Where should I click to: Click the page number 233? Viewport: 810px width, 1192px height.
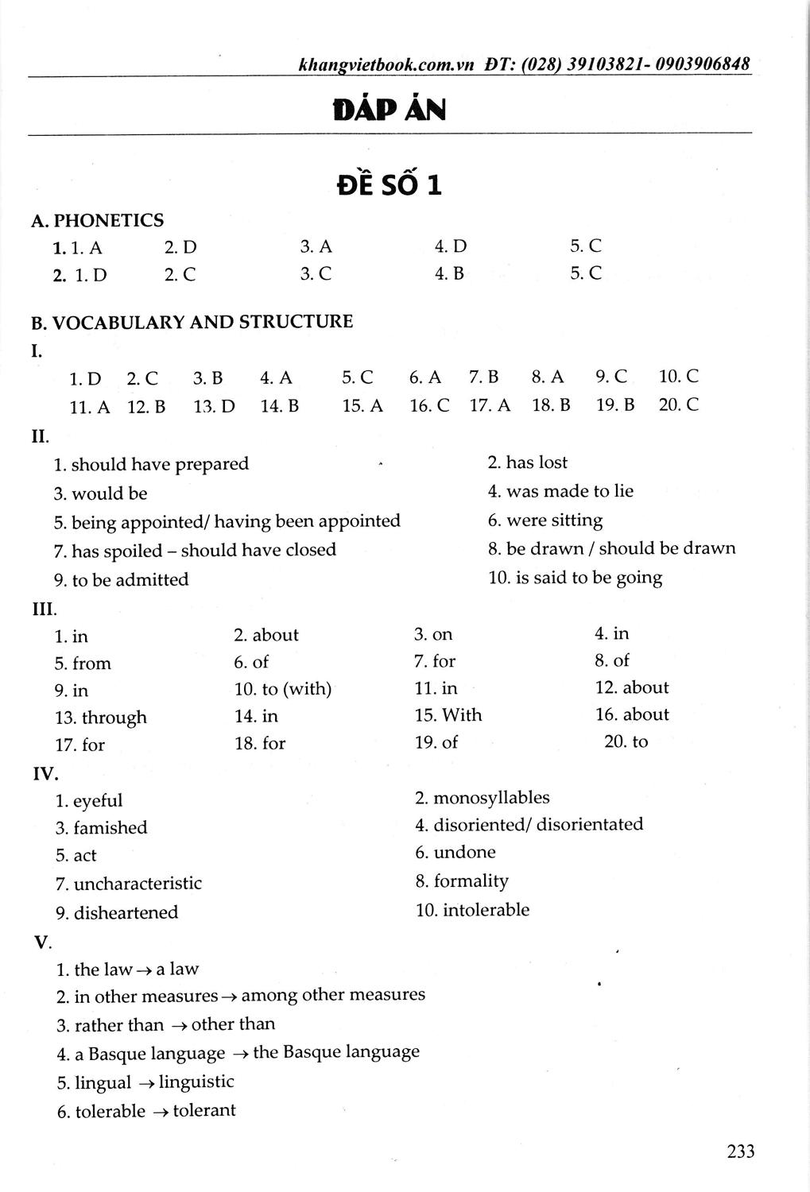click(x=740, y=1151)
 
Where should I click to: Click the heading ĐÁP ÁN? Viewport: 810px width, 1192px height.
click(x=389, y=110)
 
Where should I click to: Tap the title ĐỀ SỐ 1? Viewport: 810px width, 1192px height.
click(x=389, y=184)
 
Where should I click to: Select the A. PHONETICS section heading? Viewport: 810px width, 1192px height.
click(x=98, y=220)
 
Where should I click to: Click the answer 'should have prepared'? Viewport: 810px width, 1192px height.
click(x=160, y=464)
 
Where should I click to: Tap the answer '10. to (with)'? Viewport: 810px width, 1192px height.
click(x=283, y=689)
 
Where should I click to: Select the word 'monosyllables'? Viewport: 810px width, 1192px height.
click(x=491, y=798)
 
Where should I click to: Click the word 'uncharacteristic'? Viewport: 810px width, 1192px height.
click(x=138, y=884)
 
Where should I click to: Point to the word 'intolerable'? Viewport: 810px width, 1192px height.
click(x=486, y=910)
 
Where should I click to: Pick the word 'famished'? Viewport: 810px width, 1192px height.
click(x=110, y=828)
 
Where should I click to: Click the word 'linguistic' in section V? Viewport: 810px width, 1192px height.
click(x=196, y=1082)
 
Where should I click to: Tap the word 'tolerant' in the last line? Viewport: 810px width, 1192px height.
click(x=204, y=1110)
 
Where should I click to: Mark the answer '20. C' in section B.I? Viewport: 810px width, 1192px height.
click(x=678, y=404)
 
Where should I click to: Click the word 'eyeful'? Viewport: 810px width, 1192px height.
click(x=98, y=801)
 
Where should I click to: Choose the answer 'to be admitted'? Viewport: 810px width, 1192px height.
click(x=130, y=580)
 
